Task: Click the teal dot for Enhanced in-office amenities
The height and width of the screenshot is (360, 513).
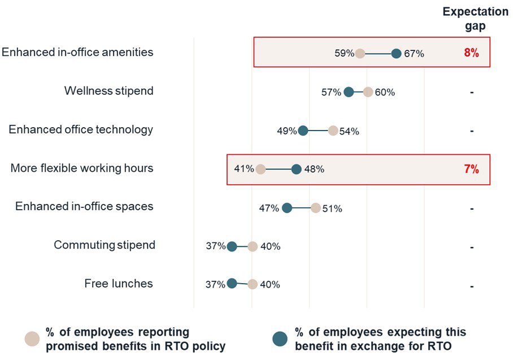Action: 396,54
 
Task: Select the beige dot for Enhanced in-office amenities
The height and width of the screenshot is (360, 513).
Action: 360,54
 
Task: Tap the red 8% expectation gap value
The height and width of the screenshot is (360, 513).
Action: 471,53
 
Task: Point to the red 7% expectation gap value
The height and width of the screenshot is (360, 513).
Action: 471,169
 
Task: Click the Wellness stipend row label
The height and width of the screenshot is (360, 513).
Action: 108,91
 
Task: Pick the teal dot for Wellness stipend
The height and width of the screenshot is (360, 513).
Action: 349,92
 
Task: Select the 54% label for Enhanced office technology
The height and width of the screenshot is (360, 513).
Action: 349,131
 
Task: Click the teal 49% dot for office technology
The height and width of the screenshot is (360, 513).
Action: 303,131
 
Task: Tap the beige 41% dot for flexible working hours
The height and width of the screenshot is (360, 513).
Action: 260,169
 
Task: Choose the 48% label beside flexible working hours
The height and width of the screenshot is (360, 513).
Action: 314,169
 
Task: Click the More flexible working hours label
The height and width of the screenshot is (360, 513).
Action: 82,168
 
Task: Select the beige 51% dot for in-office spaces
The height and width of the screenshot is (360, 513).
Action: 315,207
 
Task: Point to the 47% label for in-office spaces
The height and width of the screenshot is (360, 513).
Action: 269,208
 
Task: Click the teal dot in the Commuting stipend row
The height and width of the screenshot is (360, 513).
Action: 232,246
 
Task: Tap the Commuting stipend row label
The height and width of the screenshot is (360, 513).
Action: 105,245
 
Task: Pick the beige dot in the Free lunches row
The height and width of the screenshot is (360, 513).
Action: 253,284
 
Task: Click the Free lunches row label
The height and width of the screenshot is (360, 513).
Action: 119,284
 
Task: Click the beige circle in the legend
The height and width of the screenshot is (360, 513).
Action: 32,339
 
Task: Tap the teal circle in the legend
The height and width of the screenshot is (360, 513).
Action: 280,339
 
